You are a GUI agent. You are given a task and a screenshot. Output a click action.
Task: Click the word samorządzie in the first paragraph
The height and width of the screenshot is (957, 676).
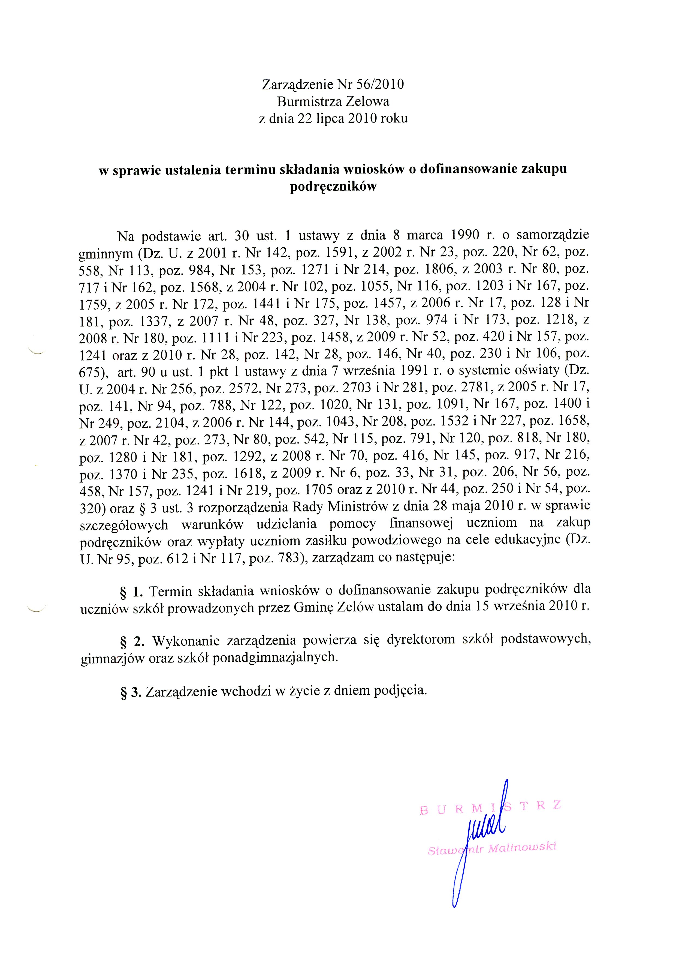click(x=553, y=235)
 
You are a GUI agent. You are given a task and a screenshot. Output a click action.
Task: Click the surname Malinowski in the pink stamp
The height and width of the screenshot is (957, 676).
click(x=522, y=848)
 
